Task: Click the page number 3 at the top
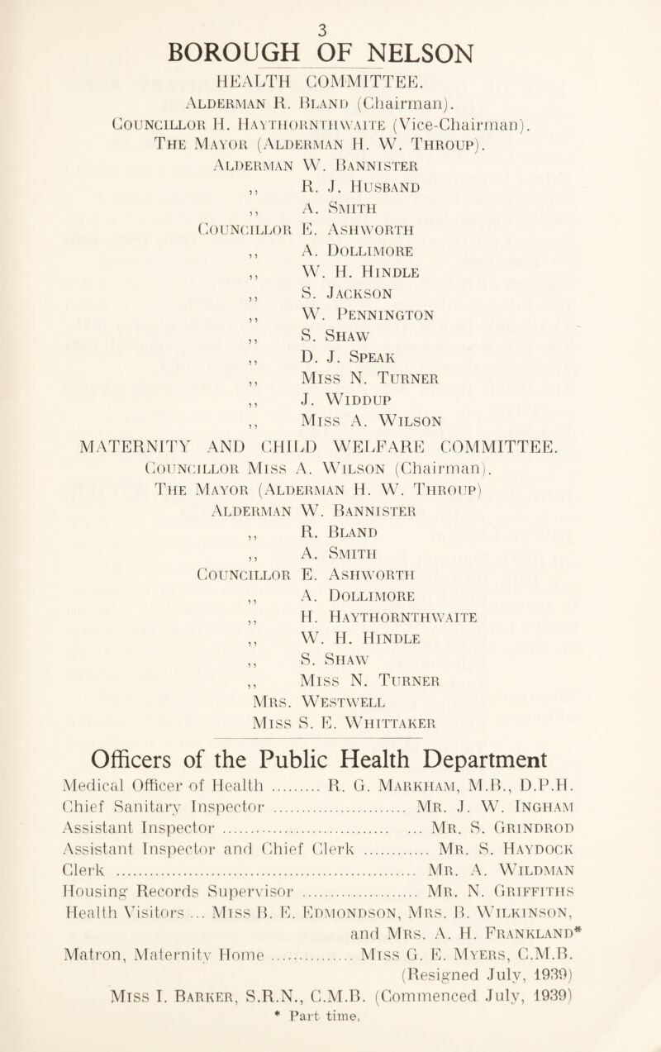(330, 10)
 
